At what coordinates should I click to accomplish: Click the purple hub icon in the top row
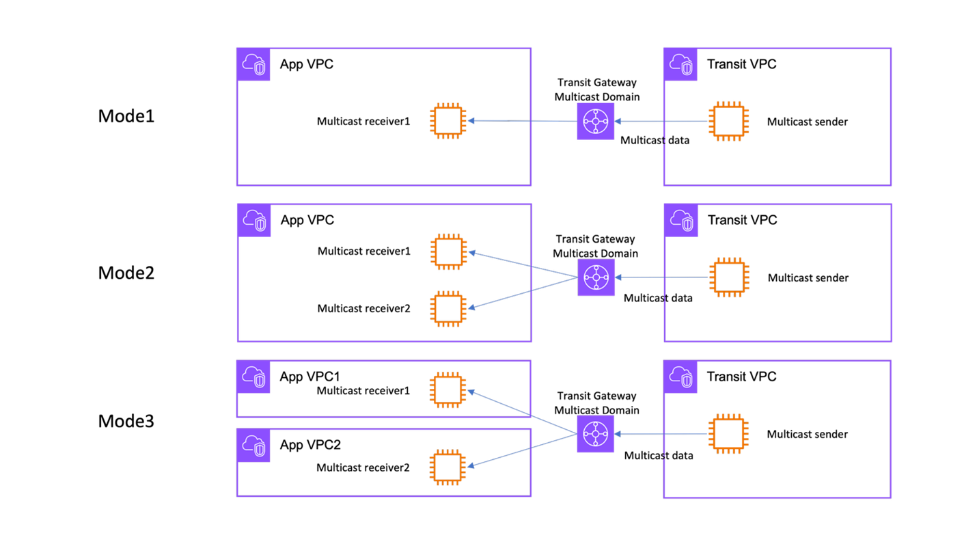pyautogui.click(x=595, y=121)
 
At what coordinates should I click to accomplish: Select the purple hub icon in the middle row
pyautogui.click(x=596, y=277)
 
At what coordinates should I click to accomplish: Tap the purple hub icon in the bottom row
pyautogui.click(x=595, y=434)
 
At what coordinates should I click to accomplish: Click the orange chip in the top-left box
pyautogui.click(x=448, y=121)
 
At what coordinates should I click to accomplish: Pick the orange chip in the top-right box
pyautogui.click(x=729, y=121)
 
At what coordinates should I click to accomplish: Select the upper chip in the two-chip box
pyautogui.click(x=449, y=251)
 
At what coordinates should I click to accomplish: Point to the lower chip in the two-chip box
pyautogui.click(x=449, y=309)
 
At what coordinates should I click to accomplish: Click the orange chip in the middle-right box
pyautogui.click(x=730, y=277)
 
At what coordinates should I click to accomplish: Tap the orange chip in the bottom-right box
pyautogui.click(x=729, y=434)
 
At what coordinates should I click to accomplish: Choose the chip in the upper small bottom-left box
pyautogui.click(x=448, y=390)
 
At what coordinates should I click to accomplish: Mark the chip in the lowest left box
pyautogui.click(x=448, y=467)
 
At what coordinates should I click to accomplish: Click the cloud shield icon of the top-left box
pyautogui.click(x=253, y=64)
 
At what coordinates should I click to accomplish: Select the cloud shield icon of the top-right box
pyautogui.click(x=680, y=64)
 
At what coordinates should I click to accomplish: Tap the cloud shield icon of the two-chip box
pyautogui.click(x=254, y=220)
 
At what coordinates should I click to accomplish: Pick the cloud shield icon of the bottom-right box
pyautogui.click(x=680, y=377)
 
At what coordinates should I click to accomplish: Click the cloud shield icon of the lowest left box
pyautogui.click(x=253, y=446)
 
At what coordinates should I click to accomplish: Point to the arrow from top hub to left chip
pyautogui.click(x=523, y=121)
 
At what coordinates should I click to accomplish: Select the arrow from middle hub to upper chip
pyautogui.click(x=523, y=264)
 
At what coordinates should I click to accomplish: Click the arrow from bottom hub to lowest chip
pyautogui.click(x=523, y=452)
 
